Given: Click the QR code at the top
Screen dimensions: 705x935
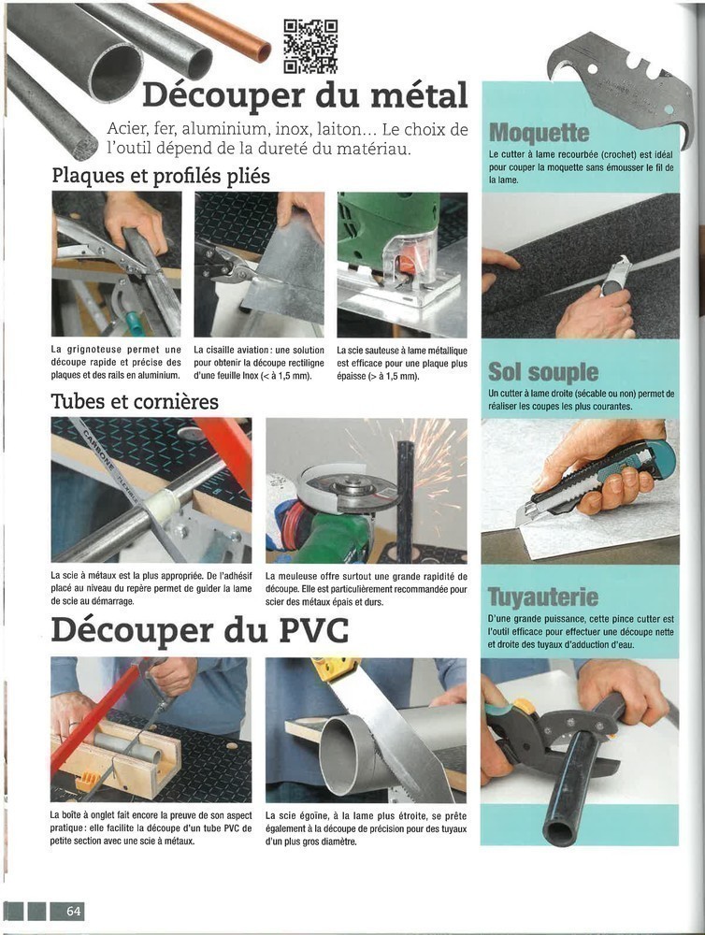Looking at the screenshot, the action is pos(310,47).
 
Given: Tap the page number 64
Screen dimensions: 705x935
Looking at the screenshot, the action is pos(73,911).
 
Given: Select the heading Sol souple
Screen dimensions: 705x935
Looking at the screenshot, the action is pos(542,372).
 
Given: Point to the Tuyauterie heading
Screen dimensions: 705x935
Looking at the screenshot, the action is pos(542,597).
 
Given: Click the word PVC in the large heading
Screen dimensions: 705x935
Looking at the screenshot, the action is pos(314,629).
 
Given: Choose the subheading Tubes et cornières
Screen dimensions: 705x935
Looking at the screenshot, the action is pos(135,401).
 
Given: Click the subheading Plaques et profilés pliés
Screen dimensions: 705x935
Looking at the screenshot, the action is pos(161,176).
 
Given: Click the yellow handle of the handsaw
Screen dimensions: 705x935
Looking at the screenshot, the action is pos(337,668).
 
